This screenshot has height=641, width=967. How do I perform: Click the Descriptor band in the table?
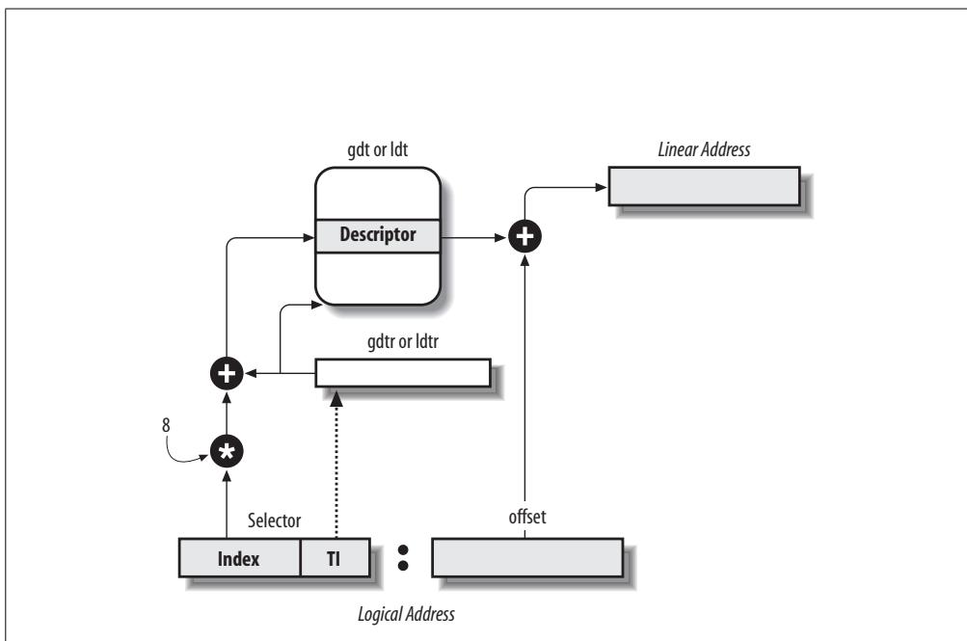point(377,235)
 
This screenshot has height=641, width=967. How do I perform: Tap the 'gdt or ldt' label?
point(377,149)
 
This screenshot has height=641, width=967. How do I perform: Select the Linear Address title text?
point(705,149)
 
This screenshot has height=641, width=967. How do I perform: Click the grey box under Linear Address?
point(705,186)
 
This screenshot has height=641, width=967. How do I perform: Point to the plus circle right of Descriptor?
point(524,237)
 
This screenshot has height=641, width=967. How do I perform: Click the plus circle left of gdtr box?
point(227,373)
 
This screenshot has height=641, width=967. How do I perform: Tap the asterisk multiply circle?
point(227,452)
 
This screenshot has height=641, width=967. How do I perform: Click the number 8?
point(166,425)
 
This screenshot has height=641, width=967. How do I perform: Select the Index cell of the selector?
point(239,558)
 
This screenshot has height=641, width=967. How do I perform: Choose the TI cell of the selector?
point(335,558)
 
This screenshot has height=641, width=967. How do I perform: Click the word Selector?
point(275,521)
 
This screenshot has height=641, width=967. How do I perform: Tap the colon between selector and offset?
point(403,558)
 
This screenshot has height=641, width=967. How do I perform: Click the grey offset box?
point(528,558)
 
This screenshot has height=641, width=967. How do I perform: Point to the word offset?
point(527,517)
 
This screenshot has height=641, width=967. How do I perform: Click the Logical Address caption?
point(407,615)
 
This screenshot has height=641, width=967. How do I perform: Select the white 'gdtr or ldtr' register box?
point(403,373)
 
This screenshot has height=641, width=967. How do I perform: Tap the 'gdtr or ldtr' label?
point(403,341)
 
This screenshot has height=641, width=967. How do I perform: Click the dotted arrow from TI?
point(336,465)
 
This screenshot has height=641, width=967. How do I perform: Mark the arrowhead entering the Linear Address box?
point(602,187)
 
